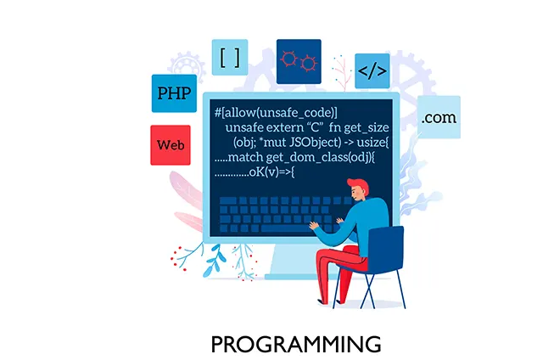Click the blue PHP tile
175,93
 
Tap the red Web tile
170,144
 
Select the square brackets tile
229,58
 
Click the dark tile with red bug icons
299,60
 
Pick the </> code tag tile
372,70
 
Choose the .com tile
439,118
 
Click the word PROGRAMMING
296,344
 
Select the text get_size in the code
368,127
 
